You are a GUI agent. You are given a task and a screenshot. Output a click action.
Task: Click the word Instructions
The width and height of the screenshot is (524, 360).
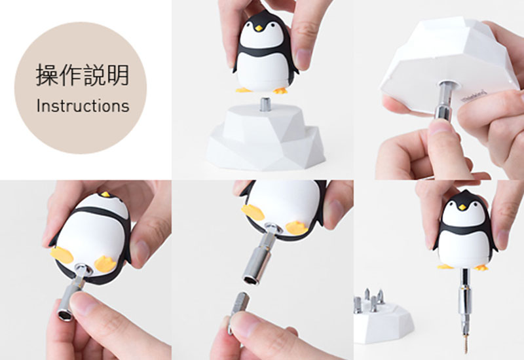[83, 105]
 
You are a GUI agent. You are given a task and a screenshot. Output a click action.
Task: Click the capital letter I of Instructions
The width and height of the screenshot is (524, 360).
[39, 105]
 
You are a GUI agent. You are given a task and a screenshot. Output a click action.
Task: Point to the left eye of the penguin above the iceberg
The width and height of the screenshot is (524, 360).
[252, 23]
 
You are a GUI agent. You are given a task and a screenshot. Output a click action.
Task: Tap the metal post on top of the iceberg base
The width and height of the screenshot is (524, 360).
[266, 104]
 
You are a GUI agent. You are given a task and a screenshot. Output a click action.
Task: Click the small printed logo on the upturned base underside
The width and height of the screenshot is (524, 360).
[474, 96]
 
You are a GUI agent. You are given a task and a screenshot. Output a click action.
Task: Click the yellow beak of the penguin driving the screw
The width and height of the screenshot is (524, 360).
[462, 206]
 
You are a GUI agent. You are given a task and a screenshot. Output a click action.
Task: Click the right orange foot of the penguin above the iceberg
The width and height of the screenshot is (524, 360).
[281, 90]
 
